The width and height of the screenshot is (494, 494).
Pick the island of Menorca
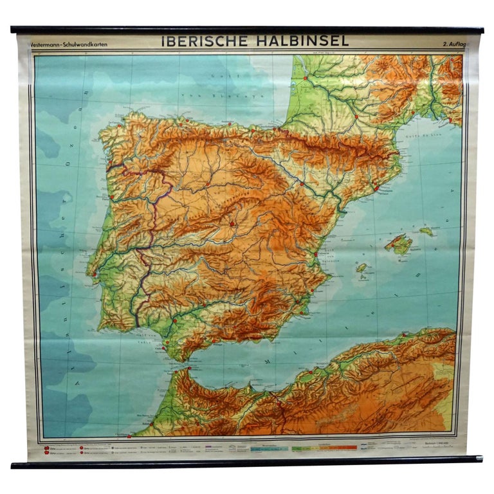point(426,230)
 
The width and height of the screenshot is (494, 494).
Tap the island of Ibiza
point(362,267)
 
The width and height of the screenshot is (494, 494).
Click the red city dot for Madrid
point(233,223)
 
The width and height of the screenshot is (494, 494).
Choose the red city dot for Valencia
point(316,254)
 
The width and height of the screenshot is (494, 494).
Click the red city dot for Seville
point(174,318)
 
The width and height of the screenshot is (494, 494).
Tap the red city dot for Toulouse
point(356,116)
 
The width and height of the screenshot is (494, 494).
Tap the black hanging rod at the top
point(247,30)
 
